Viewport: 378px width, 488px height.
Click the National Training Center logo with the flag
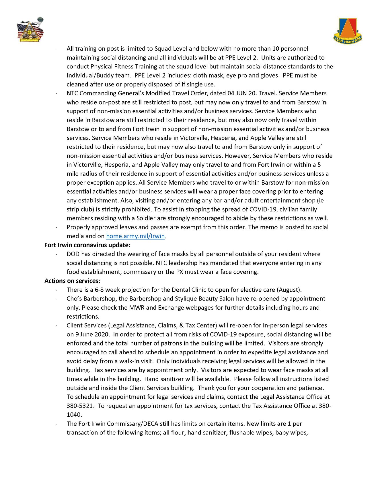tap(30, 30)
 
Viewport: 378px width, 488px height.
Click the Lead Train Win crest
tap(348, 31)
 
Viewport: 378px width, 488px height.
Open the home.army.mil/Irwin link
tap(135, 236)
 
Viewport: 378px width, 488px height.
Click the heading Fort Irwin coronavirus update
tap(87, 245)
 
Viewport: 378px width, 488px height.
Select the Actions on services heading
tap(72, 281)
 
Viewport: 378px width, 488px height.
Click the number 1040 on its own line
tap(74, 414)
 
